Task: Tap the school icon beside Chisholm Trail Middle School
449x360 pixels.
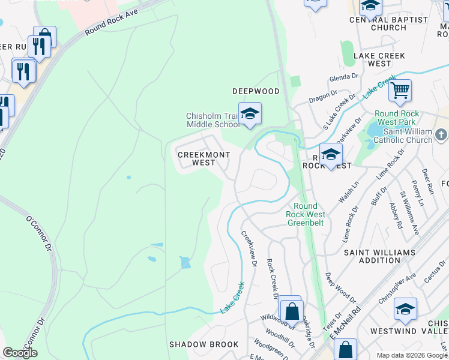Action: click(250, 113)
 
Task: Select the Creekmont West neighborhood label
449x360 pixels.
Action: click(203, 158)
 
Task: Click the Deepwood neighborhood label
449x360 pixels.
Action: click(256, 91)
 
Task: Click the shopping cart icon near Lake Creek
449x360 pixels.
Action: click(400, 91)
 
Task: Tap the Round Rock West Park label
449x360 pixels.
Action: click(403, 118)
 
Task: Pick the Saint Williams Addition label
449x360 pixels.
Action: click(372, 256)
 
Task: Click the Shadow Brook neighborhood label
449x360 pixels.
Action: click(203, 344)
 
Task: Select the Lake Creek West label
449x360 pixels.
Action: click(379, 59)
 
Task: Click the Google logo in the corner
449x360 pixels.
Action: click(20, 353)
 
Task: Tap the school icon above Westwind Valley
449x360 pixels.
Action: click(405, 309)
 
